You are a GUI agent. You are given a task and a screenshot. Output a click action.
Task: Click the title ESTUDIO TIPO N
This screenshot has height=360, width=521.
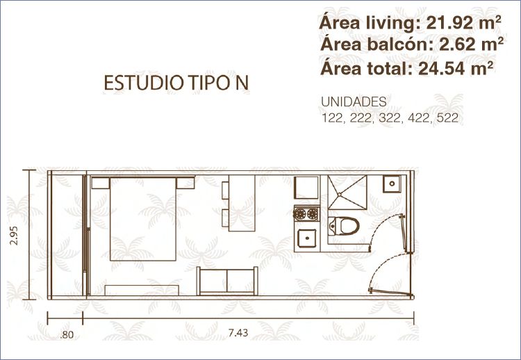[x=176, y=83]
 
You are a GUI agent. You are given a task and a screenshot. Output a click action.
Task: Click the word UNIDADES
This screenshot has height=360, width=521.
[x=354, y=102]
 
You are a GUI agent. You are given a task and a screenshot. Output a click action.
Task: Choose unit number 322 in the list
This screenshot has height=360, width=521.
[x=389, y=118]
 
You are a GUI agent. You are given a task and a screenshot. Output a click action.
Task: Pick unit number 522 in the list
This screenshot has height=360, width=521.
[x=447, y=118]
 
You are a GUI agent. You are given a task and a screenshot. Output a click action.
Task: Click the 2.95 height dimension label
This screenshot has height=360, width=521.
[x=14, y=236]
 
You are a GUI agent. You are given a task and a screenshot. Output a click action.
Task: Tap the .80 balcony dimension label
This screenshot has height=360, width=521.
[x=67, y=334]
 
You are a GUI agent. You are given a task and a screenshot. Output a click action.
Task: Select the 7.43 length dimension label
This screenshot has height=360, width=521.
[x=238, y=332]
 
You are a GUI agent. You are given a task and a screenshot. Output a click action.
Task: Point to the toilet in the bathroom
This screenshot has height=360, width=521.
[x=344, y=226]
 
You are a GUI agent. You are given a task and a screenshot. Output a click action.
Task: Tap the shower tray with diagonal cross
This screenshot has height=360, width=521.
[x=347, y=192]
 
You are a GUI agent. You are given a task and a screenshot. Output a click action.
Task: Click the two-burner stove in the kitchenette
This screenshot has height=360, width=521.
[x=306, y=214]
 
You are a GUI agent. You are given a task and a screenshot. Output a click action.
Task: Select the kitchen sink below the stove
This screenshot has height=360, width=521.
[x=307, y=238]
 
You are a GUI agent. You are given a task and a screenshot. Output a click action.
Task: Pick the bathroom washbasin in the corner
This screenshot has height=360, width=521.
[x=392, y=184]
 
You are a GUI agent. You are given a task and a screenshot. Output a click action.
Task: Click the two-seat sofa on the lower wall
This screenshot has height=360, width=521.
[x=227, y=281]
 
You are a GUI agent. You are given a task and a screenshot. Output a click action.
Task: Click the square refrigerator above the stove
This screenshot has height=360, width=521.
[x=306, y=188]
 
